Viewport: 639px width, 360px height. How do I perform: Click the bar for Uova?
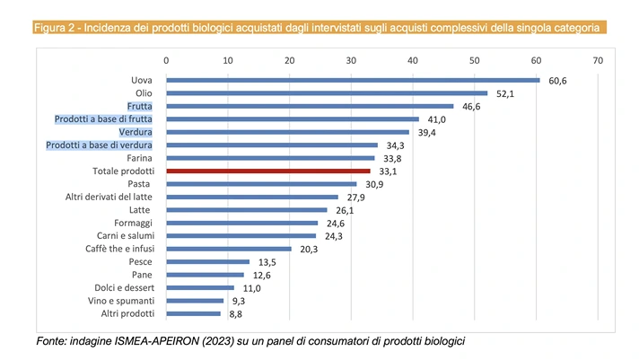click(x=353, y=80)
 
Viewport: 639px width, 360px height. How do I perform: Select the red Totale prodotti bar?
click(x=268, y=171)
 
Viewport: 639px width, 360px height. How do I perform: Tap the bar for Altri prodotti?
click(x=193, y=313)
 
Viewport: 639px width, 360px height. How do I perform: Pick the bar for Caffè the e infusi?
click(x=229, y=249)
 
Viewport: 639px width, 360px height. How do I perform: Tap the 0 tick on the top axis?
click(x=166, y=60)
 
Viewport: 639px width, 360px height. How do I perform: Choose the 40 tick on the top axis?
click(x=413, y=60)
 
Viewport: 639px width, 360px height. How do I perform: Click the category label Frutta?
click(x=139, y=106)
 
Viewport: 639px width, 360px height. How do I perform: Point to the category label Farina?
click(x=138, y=158)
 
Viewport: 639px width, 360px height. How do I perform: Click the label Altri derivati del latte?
click(x=109, y=197)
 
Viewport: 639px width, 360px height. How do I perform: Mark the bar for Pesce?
click(x=207, y=261)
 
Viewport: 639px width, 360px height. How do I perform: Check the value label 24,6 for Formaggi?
click(x=335, y=223)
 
